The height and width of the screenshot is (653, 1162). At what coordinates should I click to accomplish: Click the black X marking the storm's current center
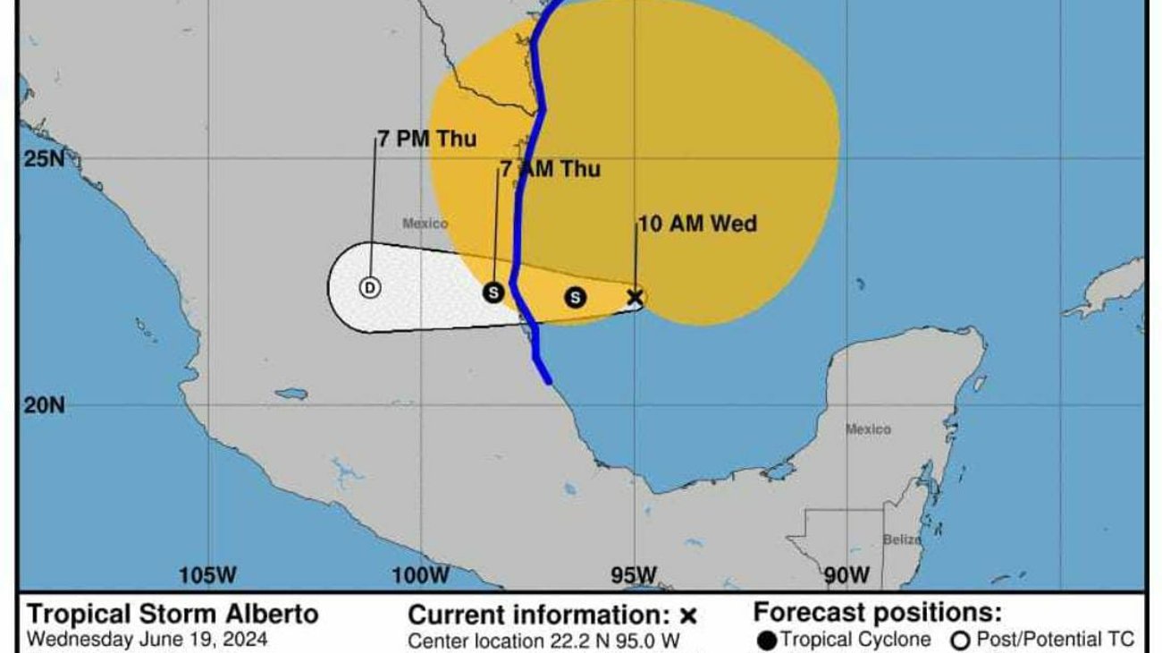tap(636, 297)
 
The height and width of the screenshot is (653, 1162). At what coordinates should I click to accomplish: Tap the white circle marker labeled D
tap(370, 287)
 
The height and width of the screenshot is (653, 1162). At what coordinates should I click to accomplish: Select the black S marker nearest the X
tap(576, 297)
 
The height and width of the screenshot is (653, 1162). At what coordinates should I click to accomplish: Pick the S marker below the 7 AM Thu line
tap(493, 292)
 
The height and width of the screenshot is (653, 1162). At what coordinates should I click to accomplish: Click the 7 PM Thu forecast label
tap(426, 140)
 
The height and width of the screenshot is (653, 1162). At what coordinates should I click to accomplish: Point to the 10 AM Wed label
tap(697, 224)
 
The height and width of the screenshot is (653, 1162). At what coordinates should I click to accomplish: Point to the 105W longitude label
tap(207, 574)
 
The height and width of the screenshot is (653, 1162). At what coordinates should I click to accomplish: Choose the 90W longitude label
tap(845, 574)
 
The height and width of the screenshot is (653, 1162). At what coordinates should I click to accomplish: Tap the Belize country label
tap(902, 539)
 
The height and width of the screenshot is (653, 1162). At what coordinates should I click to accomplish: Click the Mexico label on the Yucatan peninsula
tap(868, 429)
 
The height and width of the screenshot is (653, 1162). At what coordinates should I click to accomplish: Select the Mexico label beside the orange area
tap(425, 224)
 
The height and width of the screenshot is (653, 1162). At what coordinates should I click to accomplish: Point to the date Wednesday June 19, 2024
tap(147, 640)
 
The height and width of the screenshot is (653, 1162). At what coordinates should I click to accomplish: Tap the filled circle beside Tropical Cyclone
tap(766, 640)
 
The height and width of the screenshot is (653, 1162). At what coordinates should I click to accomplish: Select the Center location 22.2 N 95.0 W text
tap(543, 640)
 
